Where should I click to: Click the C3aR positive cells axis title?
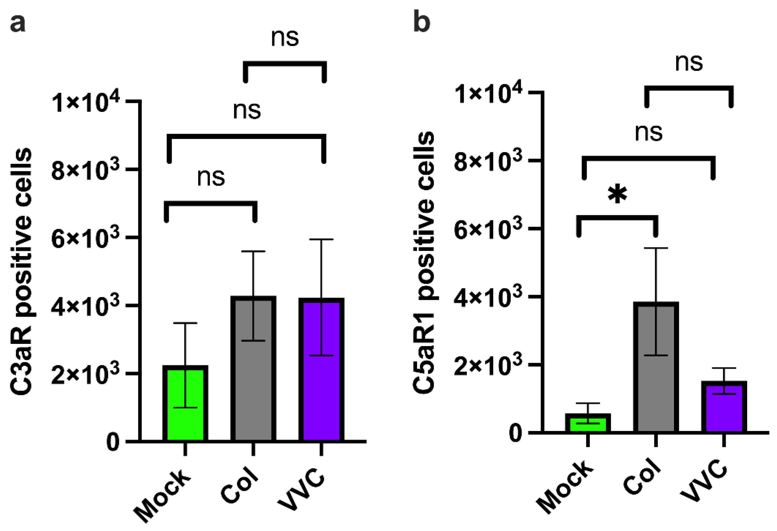pyautogui.click(x=21, y=271)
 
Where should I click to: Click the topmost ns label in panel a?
pyautogui.click(x=285, y=38)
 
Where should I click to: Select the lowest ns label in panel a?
pyautogui.click(x=211, y=177)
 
